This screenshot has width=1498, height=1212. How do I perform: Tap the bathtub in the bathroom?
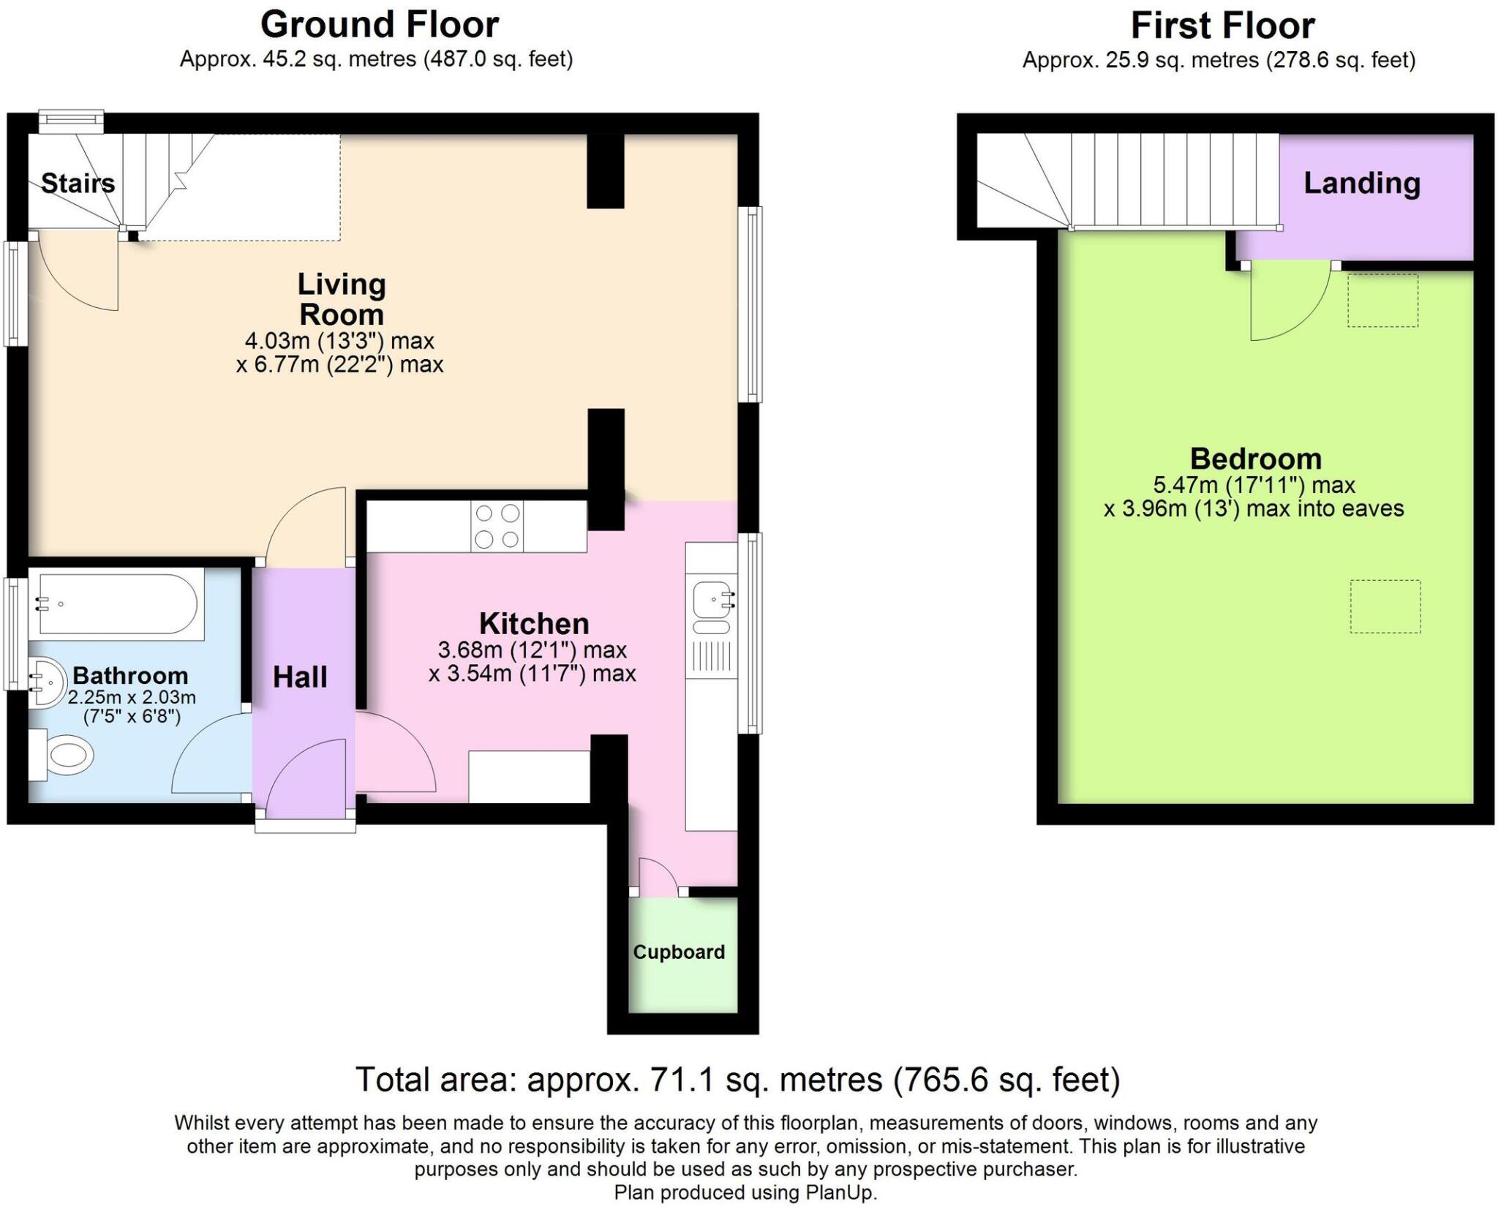coord(117,604)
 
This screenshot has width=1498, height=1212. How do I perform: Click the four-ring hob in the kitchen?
coord(497,526)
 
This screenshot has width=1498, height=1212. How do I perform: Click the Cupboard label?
coord(679,952)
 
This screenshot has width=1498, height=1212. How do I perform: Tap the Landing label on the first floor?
coord(1361,183)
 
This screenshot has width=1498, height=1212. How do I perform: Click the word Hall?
coord(299,677)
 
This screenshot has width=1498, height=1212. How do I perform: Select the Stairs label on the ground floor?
coord(78,183)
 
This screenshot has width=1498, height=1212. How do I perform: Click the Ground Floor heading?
coord(379,25)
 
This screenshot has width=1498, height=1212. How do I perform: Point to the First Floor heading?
coord(1222,26)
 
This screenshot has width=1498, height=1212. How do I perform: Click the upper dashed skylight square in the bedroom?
coord(1382,300)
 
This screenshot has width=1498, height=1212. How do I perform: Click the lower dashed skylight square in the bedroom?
coord(1385,606)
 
